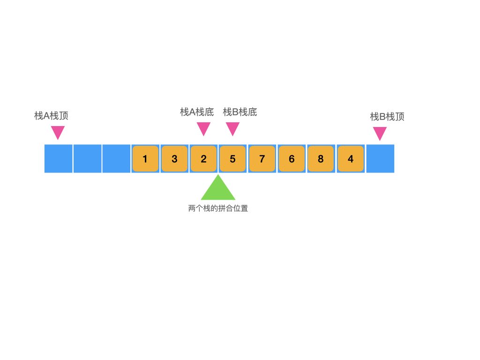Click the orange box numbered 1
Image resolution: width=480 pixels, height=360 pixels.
[145, 159]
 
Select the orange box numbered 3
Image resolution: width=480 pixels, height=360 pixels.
[174, 159]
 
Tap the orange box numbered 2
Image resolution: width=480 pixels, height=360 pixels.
[203, 159]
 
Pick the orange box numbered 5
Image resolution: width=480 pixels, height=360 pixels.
[232, 159]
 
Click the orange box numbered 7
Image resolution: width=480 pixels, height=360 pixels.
[262, 159]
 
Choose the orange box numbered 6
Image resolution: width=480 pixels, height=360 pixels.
[292, 159]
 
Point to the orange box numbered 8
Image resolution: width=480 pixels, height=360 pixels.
[321, 159]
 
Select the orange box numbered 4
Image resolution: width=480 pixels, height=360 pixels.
[351, 159]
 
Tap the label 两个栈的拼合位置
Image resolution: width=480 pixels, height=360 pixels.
[218, 209]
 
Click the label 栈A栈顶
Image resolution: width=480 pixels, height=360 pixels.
[52, 116]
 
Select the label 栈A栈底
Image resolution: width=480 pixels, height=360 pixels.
[197, 112]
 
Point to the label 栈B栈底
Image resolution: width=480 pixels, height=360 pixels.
[240, 112]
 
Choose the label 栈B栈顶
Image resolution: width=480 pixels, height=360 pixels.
[387, 117]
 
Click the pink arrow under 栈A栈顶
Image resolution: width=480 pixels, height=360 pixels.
[58, 132]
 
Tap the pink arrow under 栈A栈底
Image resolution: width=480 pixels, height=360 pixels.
[203, 128]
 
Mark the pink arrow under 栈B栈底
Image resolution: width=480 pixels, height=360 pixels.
[232, 128]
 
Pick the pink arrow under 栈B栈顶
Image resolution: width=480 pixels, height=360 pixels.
[380, 133]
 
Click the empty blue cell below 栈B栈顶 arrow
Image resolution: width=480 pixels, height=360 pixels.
[380, 159]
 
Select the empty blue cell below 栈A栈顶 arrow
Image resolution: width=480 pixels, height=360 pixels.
[59, 159]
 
